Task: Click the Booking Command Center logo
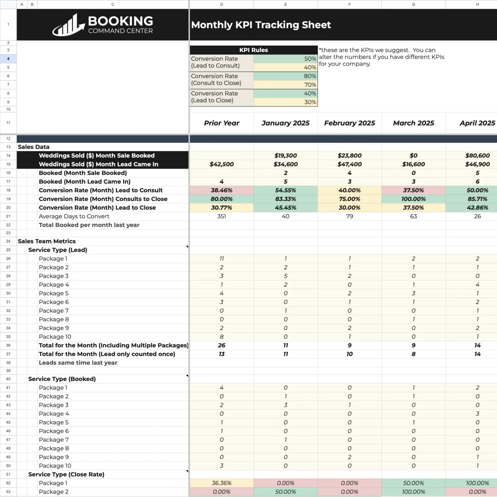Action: point(103,25)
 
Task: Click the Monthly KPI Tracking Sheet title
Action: point(261,25)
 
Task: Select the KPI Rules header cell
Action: point(253,50)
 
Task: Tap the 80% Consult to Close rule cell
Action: point(285,76)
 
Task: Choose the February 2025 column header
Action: point(349,123)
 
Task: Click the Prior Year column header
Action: point(222,123)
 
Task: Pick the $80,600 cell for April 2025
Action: point(477,156)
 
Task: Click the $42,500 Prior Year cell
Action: point(222,164)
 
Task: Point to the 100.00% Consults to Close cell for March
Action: point(413,199)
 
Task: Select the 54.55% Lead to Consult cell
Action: point(285,191)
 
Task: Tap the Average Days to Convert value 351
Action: point(222,216)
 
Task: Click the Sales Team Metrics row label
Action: point(47,241)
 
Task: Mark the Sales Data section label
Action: point(34,147)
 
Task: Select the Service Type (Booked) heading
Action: point(62,379)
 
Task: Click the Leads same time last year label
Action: point(78,363)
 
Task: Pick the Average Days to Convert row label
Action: point(74,216)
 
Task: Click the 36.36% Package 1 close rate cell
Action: point(222,483)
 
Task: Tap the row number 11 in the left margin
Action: point(8,123)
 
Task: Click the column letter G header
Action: point(413,5)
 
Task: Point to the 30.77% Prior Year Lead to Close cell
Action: point(222,208)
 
